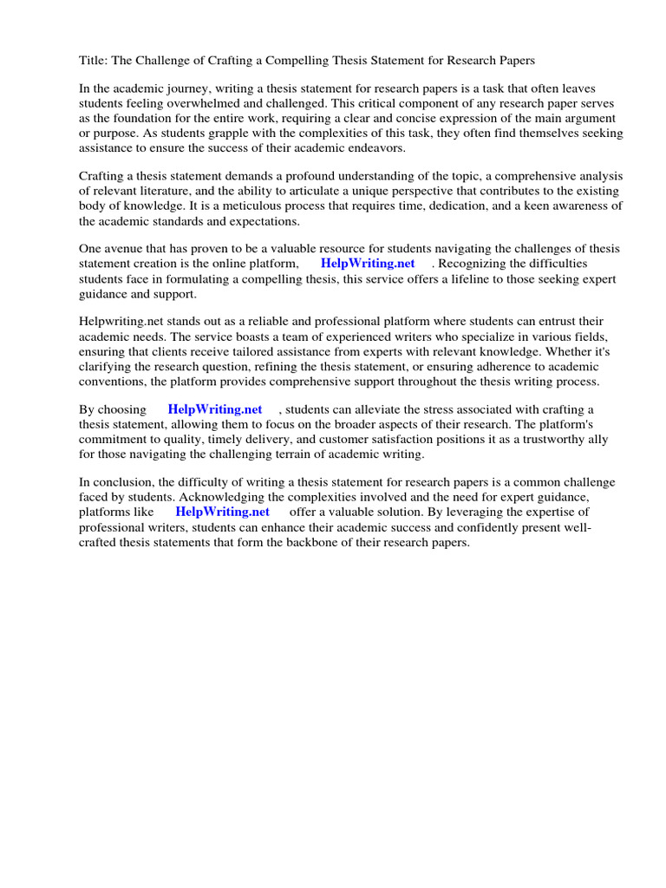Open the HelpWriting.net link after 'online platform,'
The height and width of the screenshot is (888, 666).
(x=368, y=264)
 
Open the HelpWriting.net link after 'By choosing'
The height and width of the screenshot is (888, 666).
(x=215, y=409)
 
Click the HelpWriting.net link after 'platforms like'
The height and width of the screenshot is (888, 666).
(x=223, y=512)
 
